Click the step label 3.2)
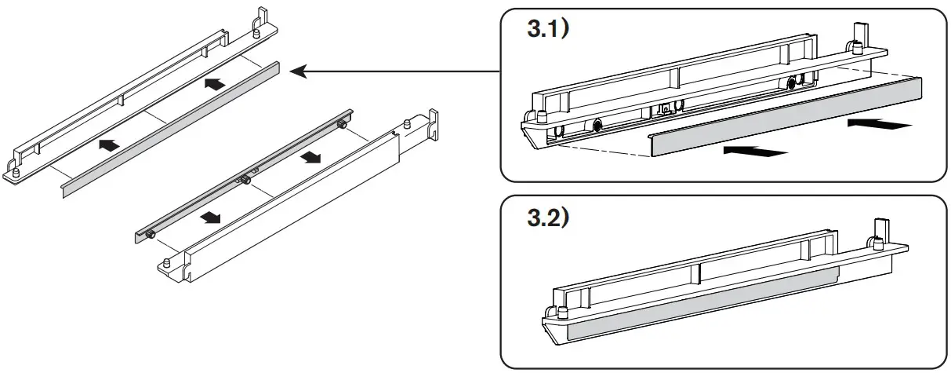550,217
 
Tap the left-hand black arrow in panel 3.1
754,150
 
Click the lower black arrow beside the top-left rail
111,144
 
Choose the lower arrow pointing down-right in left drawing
208,217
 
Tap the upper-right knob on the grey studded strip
342,126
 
